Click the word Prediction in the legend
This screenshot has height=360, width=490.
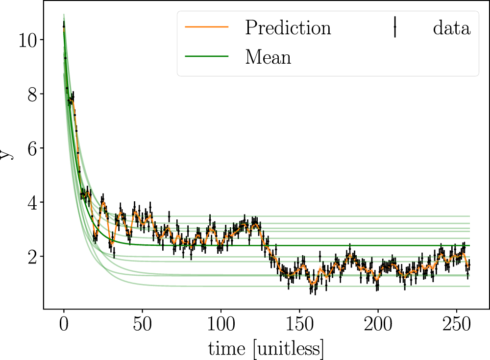288,28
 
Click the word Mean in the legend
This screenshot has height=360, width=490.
268,57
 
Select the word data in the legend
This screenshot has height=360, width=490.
451,28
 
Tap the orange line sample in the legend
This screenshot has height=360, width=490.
207,28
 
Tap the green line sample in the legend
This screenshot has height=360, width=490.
207,57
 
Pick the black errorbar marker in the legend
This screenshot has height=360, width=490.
394,28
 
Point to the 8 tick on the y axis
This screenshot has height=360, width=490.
33,94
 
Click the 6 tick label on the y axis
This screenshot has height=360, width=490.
33,148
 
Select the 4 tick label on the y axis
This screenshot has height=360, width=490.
33,202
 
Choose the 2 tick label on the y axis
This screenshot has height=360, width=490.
33,257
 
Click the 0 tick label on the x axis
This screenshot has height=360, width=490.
64,326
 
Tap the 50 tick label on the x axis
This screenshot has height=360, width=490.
142,326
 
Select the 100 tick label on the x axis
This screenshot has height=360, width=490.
221,326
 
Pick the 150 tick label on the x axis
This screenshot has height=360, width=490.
299,326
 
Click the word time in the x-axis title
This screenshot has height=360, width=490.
226,349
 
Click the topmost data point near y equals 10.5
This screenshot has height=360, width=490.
64,26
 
